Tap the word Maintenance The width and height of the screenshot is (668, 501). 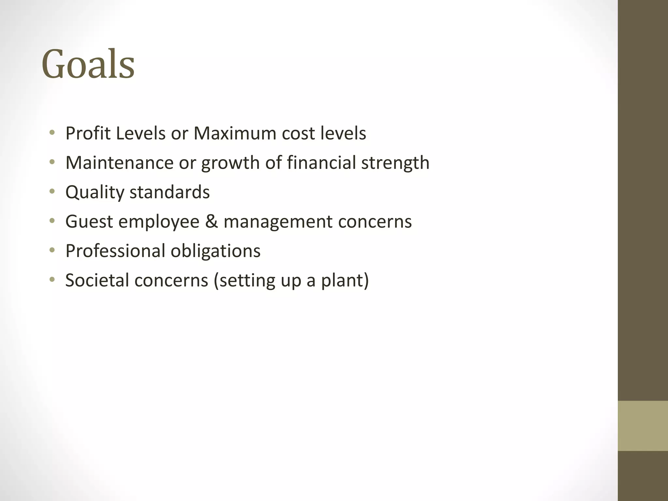tap(119, 163)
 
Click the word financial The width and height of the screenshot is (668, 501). tap(321, 163)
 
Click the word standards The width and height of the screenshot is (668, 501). tap(170, 192)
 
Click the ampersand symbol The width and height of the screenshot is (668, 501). tap(211, 222)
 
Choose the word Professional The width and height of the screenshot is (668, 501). tap(115, 251)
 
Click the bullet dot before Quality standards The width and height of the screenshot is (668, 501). tap(52, 192)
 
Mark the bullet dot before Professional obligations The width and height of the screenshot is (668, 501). tap(52, 250)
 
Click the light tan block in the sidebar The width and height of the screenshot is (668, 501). tap(643, 426)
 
